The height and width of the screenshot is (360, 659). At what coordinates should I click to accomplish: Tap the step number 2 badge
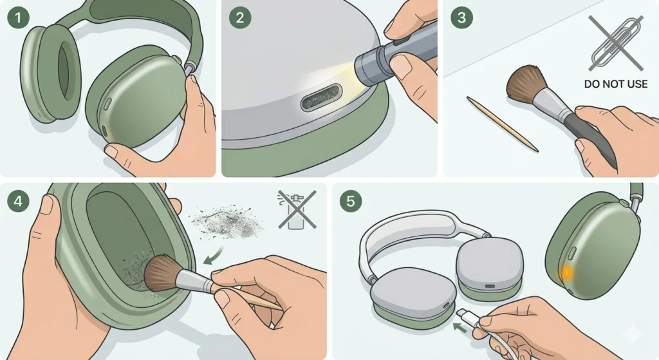coord(239,17)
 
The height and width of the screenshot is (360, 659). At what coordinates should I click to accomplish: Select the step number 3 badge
coord(461,17)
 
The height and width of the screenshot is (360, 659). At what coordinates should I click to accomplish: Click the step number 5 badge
coord(350,200)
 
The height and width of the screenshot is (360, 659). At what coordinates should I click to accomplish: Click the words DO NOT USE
coord(616,84)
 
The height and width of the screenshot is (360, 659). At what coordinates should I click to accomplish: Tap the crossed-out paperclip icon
coord(616,44)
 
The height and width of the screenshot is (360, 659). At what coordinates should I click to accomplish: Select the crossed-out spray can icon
coord(297,209)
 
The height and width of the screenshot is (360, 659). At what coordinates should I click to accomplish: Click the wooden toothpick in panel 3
coord(502,124)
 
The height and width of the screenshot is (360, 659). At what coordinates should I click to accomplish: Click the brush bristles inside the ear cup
coord(162,271)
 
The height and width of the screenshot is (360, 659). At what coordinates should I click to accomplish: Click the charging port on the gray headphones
coord(490,286)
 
